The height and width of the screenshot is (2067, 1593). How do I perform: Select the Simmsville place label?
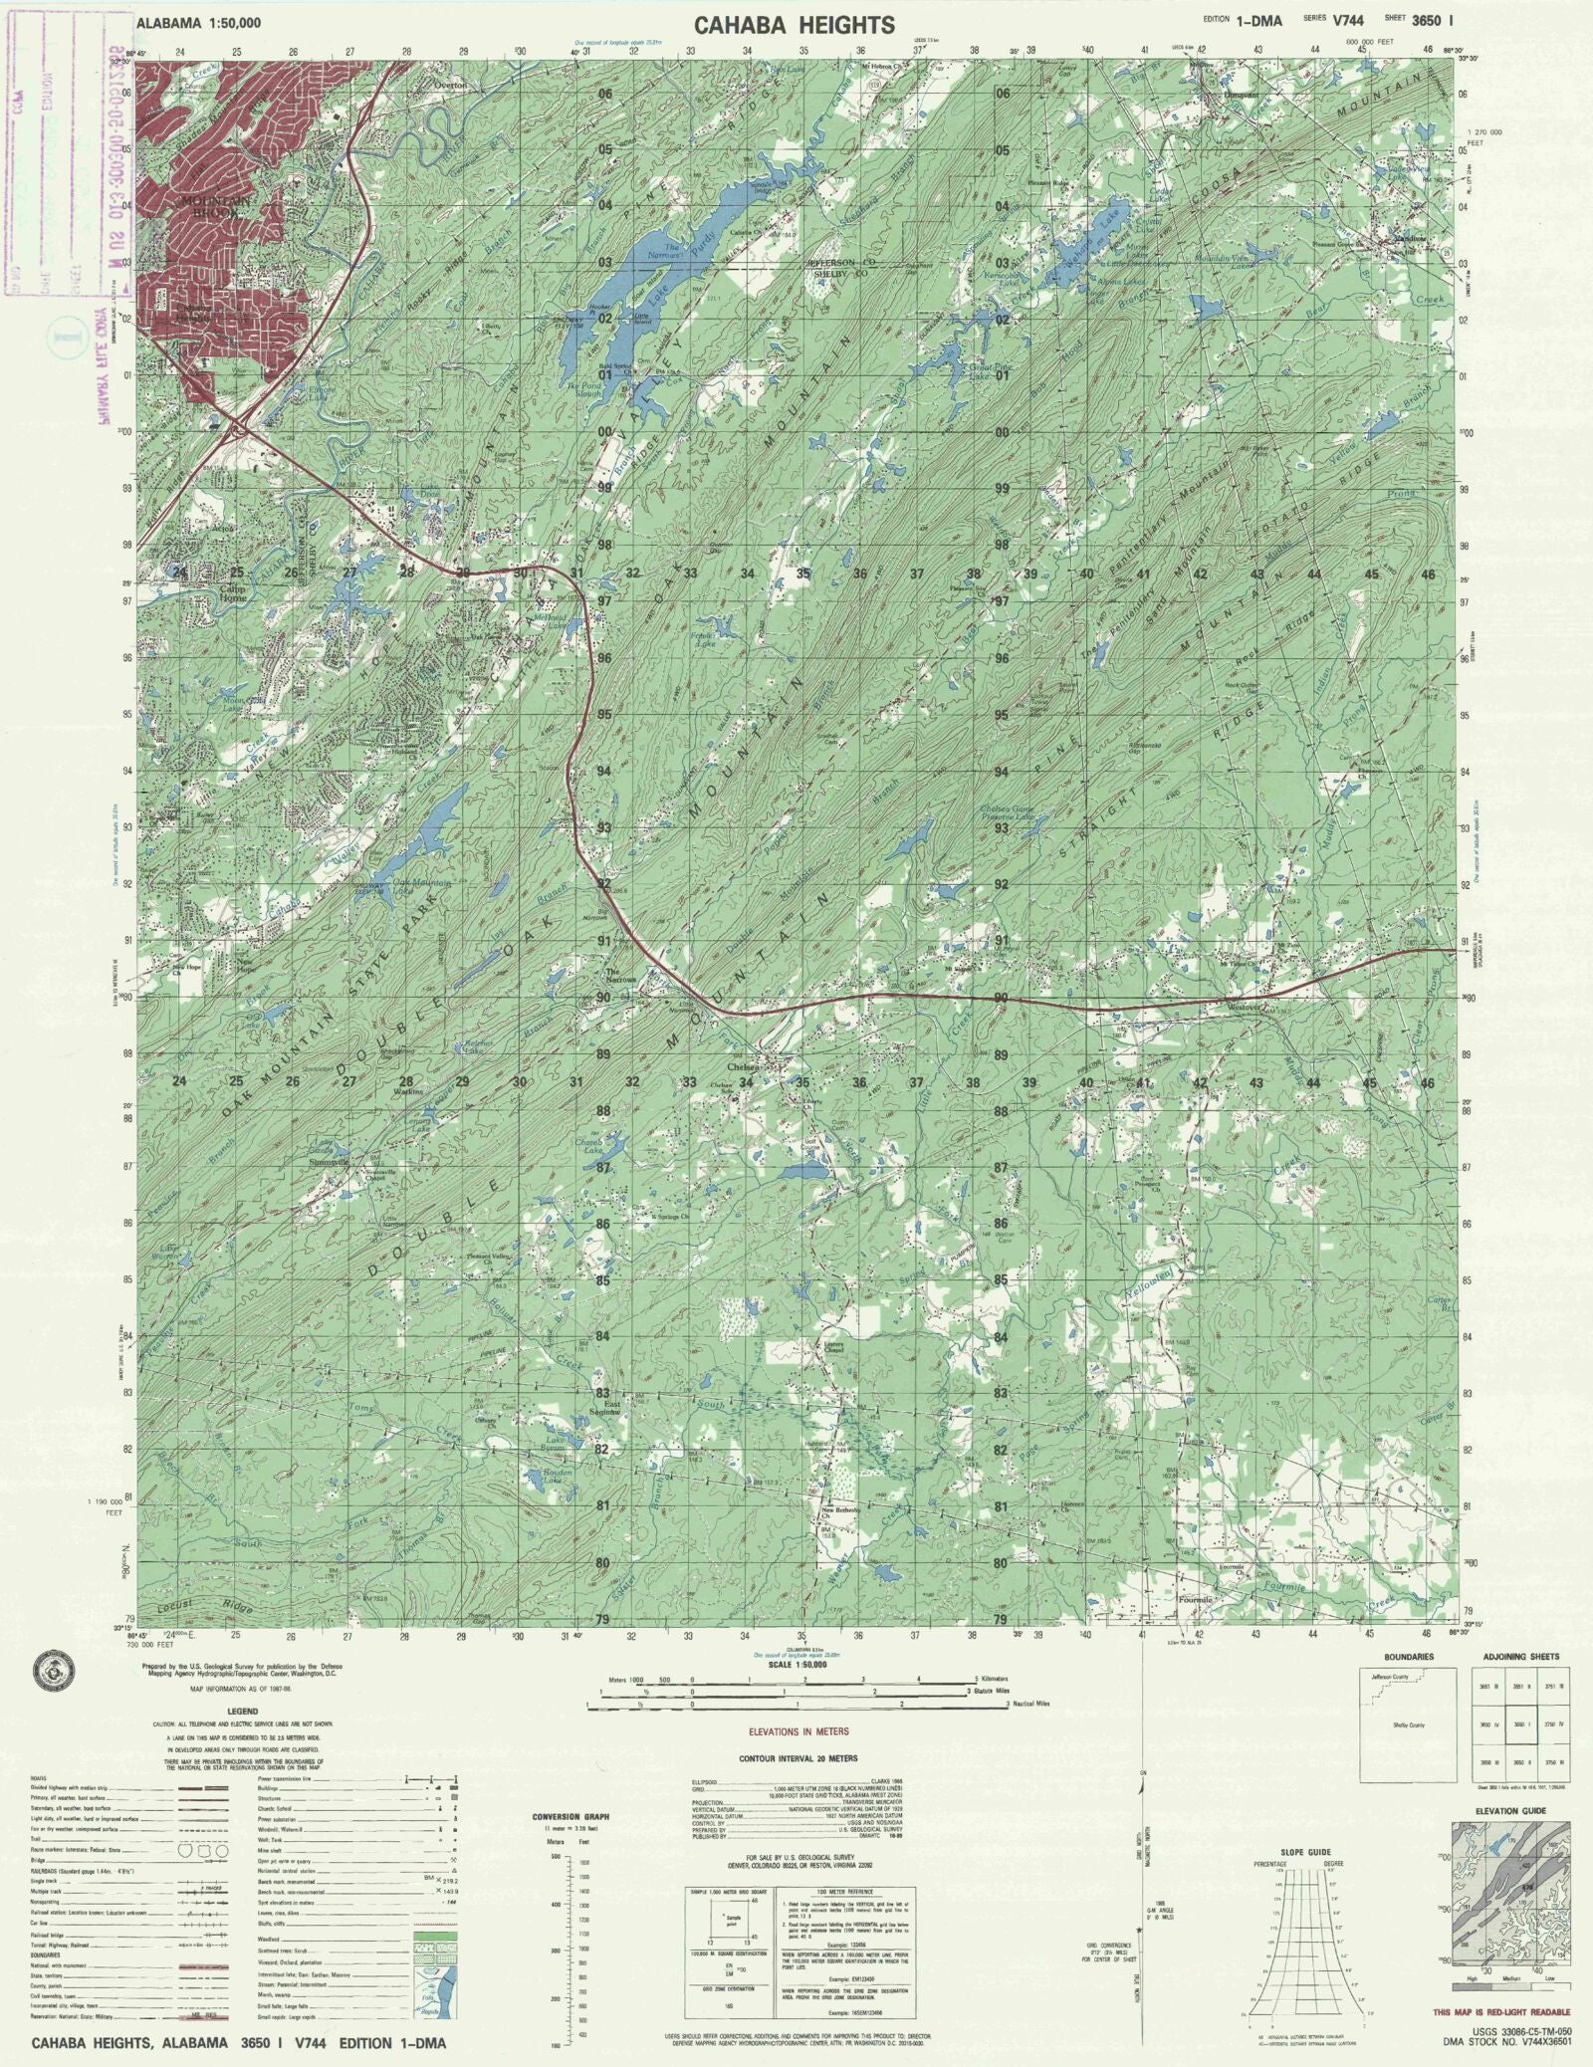tap(329, 1162)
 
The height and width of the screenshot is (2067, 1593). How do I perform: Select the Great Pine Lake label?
tap(986, 372)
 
